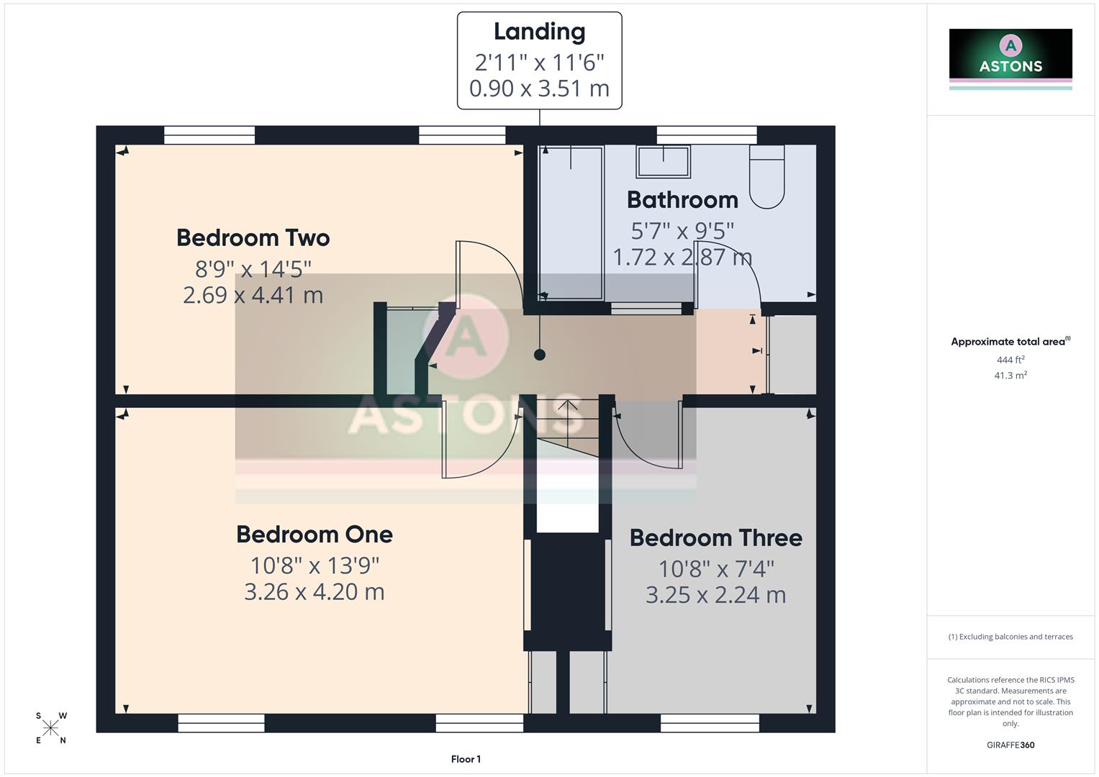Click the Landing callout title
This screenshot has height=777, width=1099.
[539, 32]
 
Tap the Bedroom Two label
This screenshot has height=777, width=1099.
[253, 237]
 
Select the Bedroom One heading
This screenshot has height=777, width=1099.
[314, 534]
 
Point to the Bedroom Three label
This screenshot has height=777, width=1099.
[715, 537]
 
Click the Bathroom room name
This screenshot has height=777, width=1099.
[682, 199]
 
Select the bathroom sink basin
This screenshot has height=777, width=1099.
[663, 160]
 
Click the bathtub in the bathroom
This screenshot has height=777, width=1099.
[571, 222]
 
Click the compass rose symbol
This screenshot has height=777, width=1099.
[50, 728]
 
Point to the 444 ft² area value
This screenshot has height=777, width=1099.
[1010, 360]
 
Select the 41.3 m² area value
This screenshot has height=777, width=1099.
[1010, 375]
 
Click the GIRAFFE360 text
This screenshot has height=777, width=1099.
[1010, 745]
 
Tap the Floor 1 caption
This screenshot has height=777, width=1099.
[466, 759]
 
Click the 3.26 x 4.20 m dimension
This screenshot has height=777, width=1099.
[314, 591]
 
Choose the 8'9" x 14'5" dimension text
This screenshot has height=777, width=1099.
[253, 268]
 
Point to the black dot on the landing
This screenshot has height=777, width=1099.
[539, 355]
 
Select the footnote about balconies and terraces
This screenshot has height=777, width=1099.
[1010, 637]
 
